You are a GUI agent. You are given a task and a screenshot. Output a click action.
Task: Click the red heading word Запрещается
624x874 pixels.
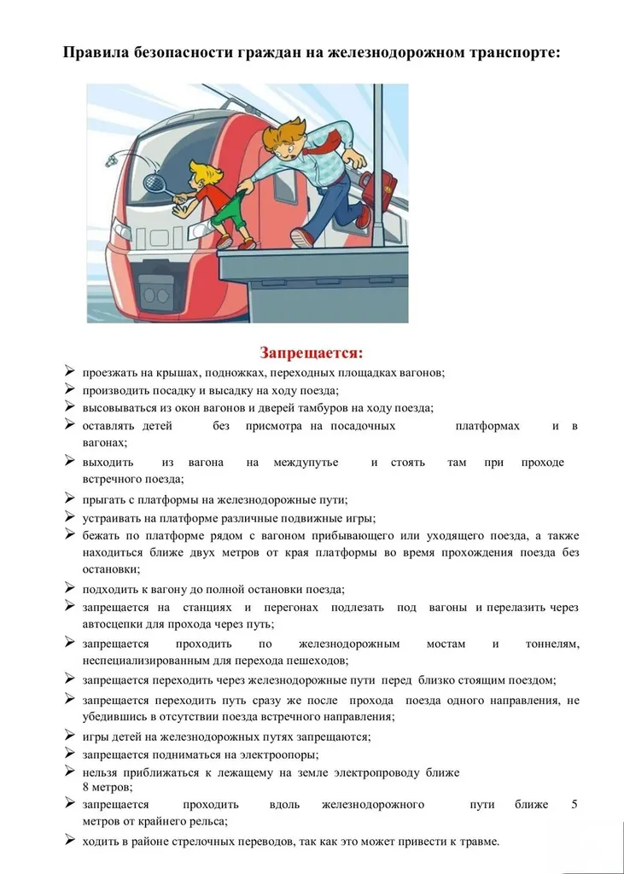312,353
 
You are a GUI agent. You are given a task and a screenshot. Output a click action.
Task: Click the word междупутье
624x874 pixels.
306,463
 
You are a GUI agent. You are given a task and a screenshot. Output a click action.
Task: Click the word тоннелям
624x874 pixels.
552,644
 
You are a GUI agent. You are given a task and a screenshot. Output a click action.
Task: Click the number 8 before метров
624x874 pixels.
85,787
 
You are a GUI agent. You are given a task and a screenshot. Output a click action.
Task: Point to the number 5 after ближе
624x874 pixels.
574,804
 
